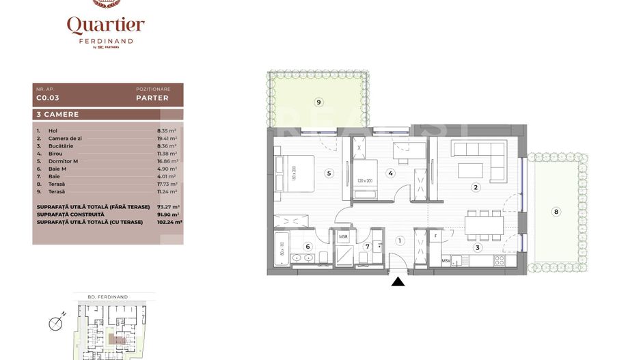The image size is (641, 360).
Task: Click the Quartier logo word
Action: click(105, 26)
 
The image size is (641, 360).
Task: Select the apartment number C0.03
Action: click(47, 98)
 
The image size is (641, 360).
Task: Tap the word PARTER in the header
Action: click(152, 98)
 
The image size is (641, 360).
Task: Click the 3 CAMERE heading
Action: click(57, 115)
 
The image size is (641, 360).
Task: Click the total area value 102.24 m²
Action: click(166, 222)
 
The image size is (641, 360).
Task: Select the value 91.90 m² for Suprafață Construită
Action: click(166, 214)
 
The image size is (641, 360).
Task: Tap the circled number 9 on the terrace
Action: click(318, 102)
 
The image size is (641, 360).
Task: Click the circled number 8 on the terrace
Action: click(556, 212)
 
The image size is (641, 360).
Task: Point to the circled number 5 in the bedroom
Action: click(329, 174)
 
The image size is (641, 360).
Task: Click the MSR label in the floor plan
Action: click(343, 237)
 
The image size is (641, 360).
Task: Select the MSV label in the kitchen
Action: click(446, 260)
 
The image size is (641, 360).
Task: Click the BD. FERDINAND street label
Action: click(112, 297)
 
